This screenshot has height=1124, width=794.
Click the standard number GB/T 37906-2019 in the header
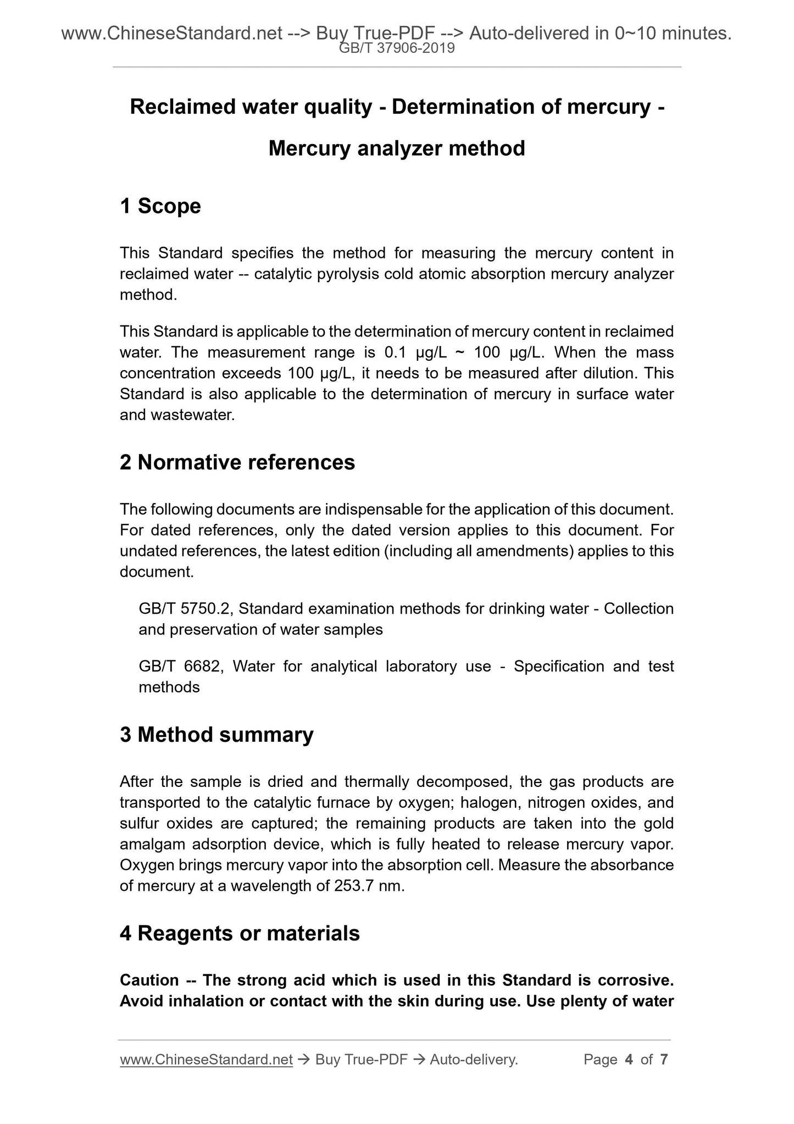[x=397, y=48]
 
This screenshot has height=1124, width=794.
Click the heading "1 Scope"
[x=160, y=206]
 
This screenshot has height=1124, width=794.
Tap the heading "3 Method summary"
[x=216, y=734]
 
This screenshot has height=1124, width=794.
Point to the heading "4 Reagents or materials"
[x=240, y=933]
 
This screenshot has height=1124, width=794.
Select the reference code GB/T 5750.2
[x=186, y=609]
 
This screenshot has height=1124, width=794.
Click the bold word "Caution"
[x=149, y=980]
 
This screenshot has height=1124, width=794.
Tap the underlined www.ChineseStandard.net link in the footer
[x=206, y=1060]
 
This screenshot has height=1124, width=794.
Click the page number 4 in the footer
[x=629, y=1060]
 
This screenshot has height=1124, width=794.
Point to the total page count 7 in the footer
[x=664, y=1060]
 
